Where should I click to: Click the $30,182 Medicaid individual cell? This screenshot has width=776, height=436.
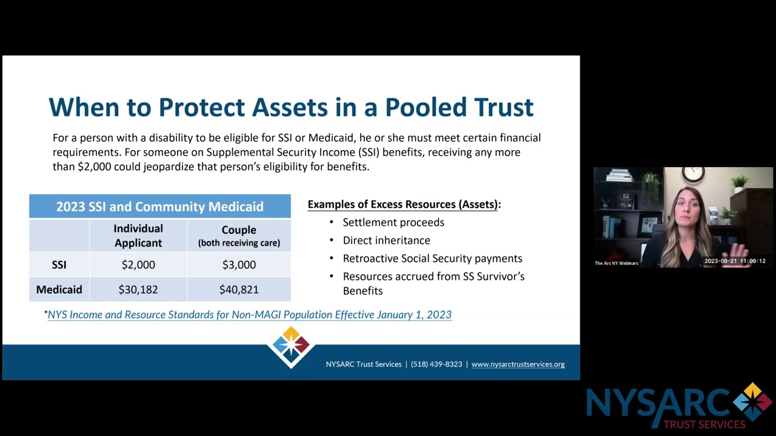click(x=138, y=289)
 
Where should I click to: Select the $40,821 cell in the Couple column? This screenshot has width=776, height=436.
click(x=239, y=289)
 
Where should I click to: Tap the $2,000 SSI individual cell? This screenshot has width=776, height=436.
click(x=138, y=265)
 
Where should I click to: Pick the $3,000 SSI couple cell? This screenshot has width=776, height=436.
click(x=239, y=265)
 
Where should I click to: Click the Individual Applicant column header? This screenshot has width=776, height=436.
click(x=138, y=236)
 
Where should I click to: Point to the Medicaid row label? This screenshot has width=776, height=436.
click(x=59, y=289)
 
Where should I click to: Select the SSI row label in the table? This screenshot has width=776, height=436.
click(x=59, y=265)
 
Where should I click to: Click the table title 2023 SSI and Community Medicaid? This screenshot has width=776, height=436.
click(x=159, y=206)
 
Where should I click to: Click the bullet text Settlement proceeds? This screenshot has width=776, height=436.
click(x=393, y=222)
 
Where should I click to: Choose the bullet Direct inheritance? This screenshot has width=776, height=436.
click(x=386, y=240)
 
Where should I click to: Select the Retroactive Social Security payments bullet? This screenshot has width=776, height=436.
click(x=432, y=259)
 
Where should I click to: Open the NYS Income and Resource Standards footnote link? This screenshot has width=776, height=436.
click(x=249, y=315)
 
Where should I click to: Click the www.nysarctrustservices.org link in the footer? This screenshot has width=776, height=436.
click(x=518, y=365)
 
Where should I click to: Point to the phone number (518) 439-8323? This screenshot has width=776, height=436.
click(x=436, y=365)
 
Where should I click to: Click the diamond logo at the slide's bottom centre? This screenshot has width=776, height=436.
click(x=291, y=346)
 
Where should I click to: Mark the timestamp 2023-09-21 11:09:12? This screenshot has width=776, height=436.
click(x=735, y=262)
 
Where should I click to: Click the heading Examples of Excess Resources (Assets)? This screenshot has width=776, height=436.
click(x=404, y=205)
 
